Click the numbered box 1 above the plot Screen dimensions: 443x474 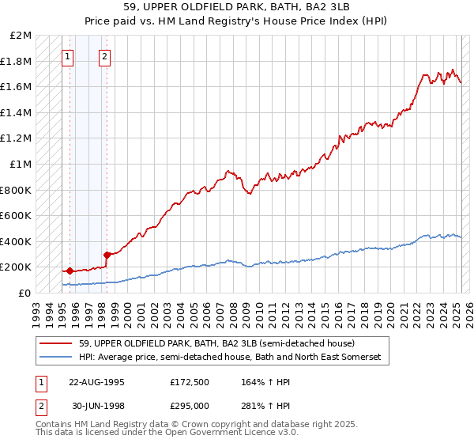[67, 56]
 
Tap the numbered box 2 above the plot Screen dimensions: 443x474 [104, 56]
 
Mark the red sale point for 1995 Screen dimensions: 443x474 [70, 271]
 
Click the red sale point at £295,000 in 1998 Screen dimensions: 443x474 [107, 255]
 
